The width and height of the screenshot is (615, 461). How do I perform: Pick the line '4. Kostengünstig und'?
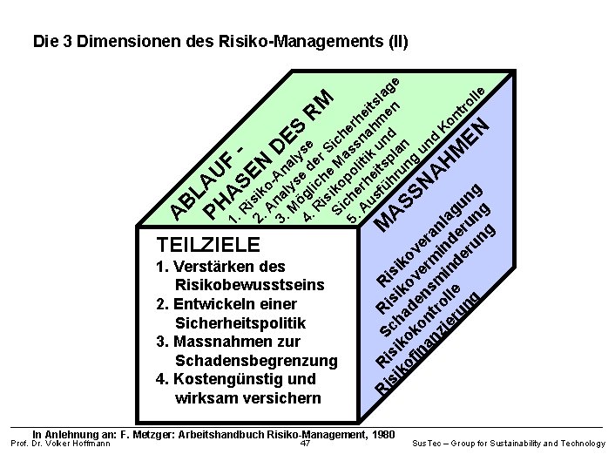click(235, 379)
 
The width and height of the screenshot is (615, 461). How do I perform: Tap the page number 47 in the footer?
click(305, 444)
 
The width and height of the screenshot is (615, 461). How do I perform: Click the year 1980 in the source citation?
click(379, 433)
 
